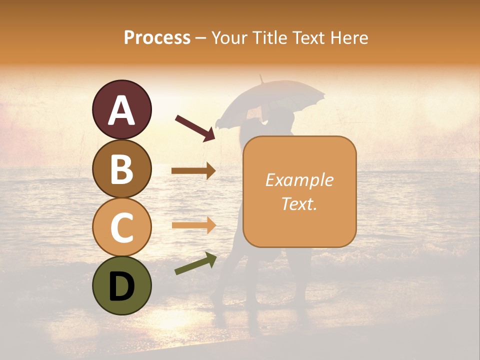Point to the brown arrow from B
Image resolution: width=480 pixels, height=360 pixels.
tap(193, 171)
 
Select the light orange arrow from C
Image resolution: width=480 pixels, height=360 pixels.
tap(193, 225)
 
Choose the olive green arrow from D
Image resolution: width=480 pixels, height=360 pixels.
tap(195, 263)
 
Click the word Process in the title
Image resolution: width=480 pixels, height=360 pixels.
tap(157, 37)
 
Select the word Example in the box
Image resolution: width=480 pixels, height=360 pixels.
tap(299, 180)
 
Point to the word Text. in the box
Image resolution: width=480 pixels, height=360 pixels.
tap(299, 203)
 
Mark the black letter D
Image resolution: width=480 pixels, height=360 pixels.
tap(122, 287)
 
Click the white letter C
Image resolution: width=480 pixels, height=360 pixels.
tap(122, 228)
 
